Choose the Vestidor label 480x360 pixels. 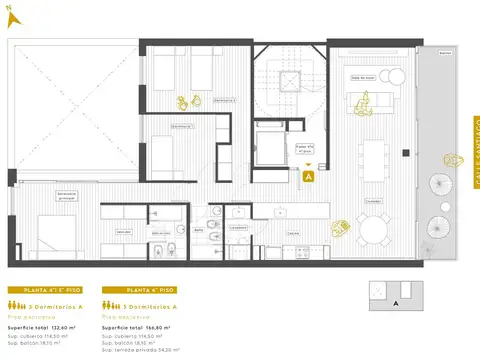(123, 230)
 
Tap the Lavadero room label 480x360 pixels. (238, 227)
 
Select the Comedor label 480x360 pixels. (373, 199)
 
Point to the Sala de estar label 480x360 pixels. (362, 77)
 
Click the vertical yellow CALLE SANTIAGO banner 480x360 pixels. (475, 151)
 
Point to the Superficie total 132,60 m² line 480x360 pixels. (46, 326)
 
